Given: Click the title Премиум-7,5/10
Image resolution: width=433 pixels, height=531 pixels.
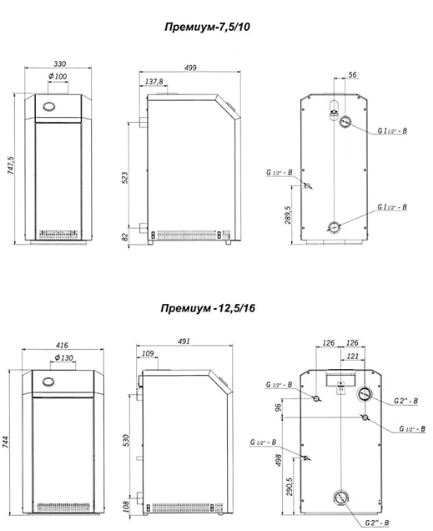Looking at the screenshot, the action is [208, 27].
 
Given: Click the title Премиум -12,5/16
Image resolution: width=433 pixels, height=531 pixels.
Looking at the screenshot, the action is [208, 308].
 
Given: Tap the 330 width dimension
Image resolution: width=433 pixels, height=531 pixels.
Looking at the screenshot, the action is [60, 63].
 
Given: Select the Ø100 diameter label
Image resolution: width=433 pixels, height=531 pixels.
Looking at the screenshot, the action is [58, 76].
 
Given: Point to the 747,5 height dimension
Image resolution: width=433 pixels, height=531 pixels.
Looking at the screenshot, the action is [11, 165].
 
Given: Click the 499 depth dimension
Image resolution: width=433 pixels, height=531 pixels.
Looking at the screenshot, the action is [190, 68].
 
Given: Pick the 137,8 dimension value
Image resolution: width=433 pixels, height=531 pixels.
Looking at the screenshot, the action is [154, 82].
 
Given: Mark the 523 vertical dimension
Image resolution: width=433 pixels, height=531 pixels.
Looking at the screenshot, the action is [125, 178].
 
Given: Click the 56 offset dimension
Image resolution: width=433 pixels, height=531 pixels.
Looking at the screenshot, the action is [352, 74].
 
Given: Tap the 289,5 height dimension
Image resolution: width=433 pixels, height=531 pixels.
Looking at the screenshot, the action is [288, 215].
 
